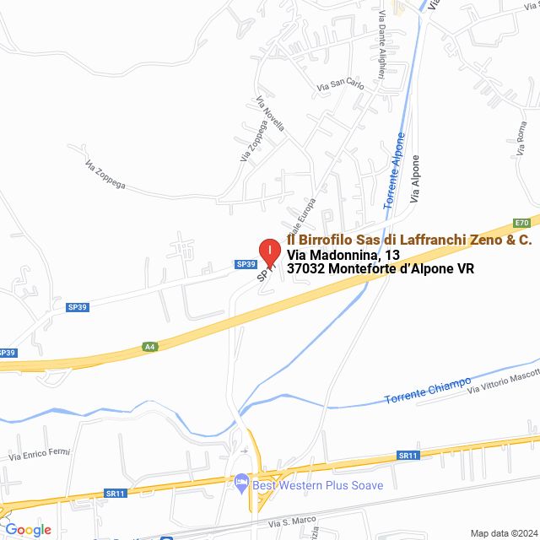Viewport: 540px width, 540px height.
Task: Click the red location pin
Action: click(x=268, y=251)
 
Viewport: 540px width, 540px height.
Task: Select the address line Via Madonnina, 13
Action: click(x=343, y=255)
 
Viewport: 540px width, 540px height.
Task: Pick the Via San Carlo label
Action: click(x=340, y=85)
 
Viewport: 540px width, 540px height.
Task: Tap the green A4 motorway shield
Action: click(x=149, y=346)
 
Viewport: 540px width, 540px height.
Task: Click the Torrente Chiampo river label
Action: click(x=427, y=391)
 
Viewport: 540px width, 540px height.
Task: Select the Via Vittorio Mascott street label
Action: click(x=503, y=380)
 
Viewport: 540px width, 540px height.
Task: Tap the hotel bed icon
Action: click(x=241, y=484)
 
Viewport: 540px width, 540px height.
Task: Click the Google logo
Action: click(x=27, y=530)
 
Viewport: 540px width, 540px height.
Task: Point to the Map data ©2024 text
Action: click(x=503, y=533)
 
